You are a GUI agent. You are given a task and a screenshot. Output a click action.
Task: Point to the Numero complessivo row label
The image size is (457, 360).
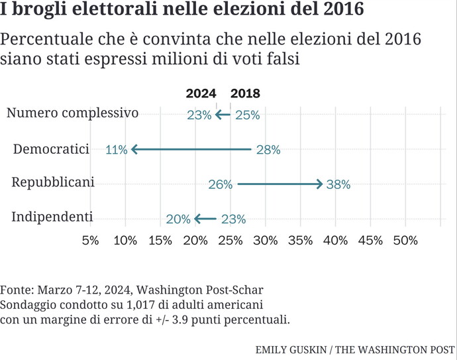pyautogui.click(x=72, y=113)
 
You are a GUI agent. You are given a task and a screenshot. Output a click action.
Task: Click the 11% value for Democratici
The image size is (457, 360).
pyautogui.click(x=116, y=150)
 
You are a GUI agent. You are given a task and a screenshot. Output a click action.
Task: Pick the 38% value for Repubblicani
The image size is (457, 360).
pyautogui.click(x=338, y=185)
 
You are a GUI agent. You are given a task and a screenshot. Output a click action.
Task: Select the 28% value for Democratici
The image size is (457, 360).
pyautogui.click(x=268, y=150)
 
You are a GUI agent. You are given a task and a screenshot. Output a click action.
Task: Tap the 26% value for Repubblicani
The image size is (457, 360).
pyautogui.click(x=220, y=185)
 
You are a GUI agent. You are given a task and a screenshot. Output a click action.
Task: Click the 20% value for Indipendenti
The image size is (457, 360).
pyautogui.click(x=179, y=219)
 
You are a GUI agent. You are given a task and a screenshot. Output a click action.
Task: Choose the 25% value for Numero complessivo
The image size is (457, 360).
pyautogui.click(x=247, y=115)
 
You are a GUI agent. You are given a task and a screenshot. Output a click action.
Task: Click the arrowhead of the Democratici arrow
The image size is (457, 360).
pyautogui.click(x=134, y=150)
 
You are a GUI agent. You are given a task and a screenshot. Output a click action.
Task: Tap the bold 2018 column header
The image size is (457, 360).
pyautogui.click(x=245, y=94)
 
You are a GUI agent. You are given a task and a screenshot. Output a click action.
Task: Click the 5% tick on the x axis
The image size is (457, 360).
pyautogui.click(x=90, y=240)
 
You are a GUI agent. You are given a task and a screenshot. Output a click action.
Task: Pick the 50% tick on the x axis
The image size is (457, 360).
pyautogui.click(x=405, y=240)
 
